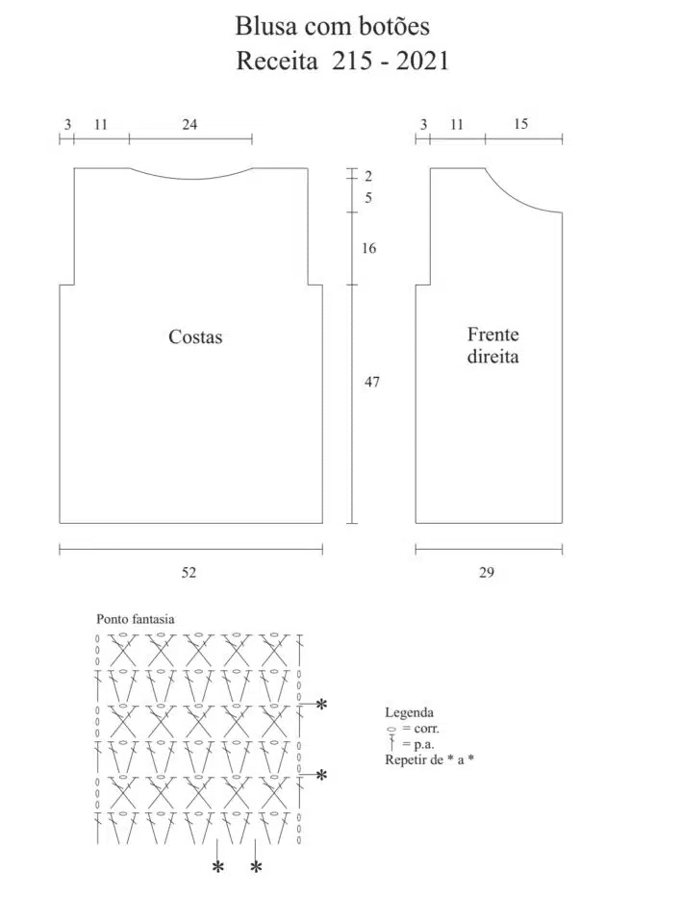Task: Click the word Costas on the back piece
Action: (195, 336)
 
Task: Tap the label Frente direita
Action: (492, 345)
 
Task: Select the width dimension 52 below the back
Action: (189, 573)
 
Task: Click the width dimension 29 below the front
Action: (486, 573)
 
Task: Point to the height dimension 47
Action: (371, 382)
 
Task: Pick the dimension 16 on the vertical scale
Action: (368, 248)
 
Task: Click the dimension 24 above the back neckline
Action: (189, 124)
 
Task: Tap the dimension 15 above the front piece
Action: (520, 124)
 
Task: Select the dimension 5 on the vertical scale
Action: (368, 198)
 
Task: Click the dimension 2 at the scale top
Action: (368, 176)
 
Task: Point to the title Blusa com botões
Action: (332, 26)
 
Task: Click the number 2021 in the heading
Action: (422, 61)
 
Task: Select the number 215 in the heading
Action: (351, 61)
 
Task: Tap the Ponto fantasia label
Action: (136, 619)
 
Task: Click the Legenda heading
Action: (409, 713)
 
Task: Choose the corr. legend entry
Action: (414, 729)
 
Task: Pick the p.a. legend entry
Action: (412, 744)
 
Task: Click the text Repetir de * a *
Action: (429, 759)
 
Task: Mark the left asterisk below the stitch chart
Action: (217, 867)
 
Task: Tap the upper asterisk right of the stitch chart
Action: (321, 704)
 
